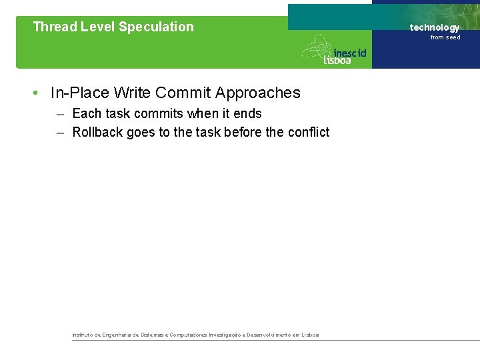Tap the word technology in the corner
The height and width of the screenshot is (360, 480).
pos(435,27)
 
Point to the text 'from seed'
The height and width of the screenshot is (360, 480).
pos(445,37)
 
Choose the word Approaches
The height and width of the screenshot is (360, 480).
pos(258,93)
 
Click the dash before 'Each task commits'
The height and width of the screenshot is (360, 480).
pos(61,114)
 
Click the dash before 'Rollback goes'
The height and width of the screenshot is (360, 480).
pos(61,133)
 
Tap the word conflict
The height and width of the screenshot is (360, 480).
pos(308,133)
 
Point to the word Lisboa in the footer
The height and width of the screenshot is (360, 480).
pos(310,335)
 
